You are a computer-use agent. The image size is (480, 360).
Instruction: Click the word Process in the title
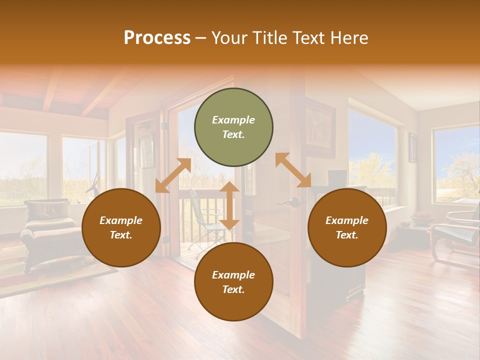[x=157, y=38]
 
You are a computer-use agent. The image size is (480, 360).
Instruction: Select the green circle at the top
[x=233, y=127]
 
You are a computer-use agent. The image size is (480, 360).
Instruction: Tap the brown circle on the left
[x=121, y=228]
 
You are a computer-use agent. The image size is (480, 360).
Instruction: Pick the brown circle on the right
[x=346, y=228]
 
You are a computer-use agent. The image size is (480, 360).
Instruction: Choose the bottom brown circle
[x=233, y=282]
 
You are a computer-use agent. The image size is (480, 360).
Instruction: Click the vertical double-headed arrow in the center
[x=229, y=205]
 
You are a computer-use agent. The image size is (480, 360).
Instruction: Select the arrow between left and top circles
[x=173, y=175]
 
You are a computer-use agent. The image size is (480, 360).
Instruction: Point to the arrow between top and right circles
[x=293, y=170]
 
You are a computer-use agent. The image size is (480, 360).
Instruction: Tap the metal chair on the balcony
[x=205, y=220]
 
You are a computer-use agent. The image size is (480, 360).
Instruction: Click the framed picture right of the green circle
[x=320, y=128]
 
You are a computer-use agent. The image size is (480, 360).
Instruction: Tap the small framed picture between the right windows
[x=413, y=147]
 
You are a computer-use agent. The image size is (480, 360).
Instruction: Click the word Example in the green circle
[x=233, y=120]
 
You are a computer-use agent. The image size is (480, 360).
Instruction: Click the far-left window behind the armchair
[x=22, y=167]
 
